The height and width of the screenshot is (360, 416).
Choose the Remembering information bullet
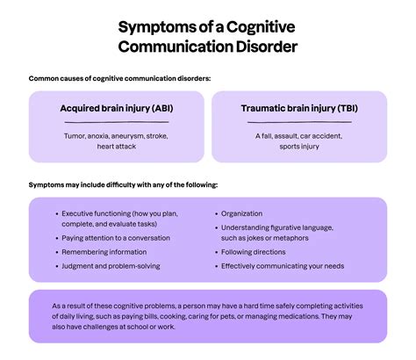click(x=104, y=251)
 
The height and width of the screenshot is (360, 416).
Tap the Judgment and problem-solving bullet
click(x=111, y=266)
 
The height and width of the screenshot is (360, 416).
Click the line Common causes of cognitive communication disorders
click(x=119, y=79)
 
